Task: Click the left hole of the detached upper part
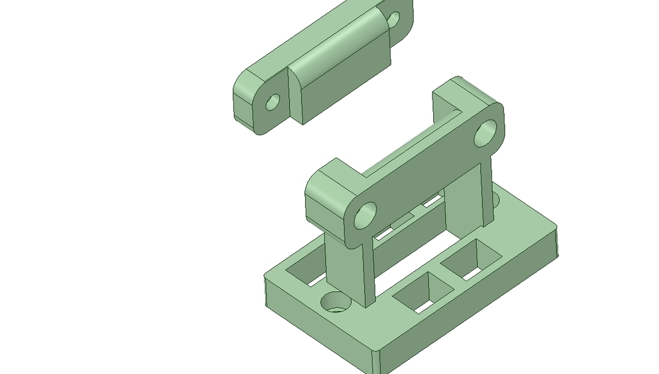pos(273,102)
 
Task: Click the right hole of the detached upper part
pos(393,18)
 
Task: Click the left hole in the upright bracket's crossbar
pos(364,215)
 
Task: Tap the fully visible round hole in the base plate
pos(335,301)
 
